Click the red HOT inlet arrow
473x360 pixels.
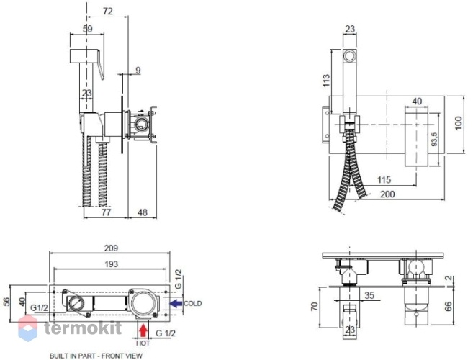pos(143,330)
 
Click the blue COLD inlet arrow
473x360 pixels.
pos(176,303)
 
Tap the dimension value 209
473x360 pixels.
pos(111,248)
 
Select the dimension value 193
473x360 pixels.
pos(111,264)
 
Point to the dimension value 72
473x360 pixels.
pos(108,12)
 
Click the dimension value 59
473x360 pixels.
pos(88,29)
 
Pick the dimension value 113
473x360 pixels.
pos(326,80)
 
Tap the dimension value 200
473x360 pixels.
pos(387,194)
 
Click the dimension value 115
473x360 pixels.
pos(384,180)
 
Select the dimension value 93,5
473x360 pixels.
pos(434,140)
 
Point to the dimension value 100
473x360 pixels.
pos(458,123)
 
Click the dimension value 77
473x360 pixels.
pos(106,212)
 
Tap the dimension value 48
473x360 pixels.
pos(142,212)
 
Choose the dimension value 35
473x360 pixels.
pos(369,294)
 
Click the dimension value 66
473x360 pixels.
pos(449,306)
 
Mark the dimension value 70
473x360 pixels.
pos(315,306)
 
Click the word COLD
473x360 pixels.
pos(192,303)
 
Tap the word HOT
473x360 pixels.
pos(143,343)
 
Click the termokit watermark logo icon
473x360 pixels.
pos(28,328)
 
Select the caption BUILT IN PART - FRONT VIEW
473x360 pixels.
pos(96,356)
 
